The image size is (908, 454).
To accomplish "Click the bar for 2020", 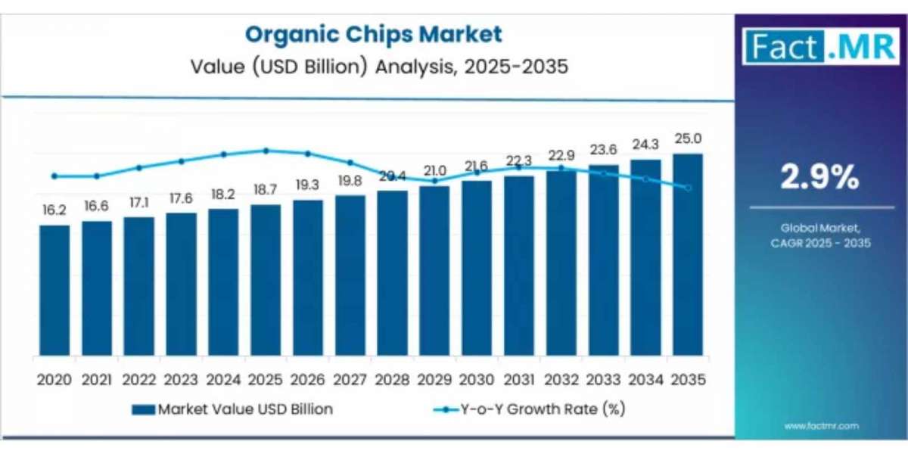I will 54,291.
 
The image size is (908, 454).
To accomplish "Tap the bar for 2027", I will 350,276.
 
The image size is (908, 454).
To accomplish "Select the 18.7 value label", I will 266,189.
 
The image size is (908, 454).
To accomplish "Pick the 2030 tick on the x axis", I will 476,379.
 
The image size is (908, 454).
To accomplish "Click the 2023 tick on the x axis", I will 181,379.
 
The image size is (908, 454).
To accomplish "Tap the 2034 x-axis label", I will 645,379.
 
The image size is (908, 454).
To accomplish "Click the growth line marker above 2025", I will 266,151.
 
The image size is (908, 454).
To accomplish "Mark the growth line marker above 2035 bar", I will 687,188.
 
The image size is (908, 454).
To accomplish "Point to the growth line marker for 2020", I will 54,176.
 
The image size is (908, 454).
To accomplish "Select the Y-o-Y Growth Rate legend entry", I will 529,409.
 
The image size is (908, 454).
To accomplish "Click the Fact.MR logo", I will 819,47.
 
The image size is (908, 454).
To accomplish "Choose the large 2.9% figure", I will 820,178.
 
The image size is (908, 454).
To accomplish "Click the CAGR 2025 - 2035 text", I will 820,243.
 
